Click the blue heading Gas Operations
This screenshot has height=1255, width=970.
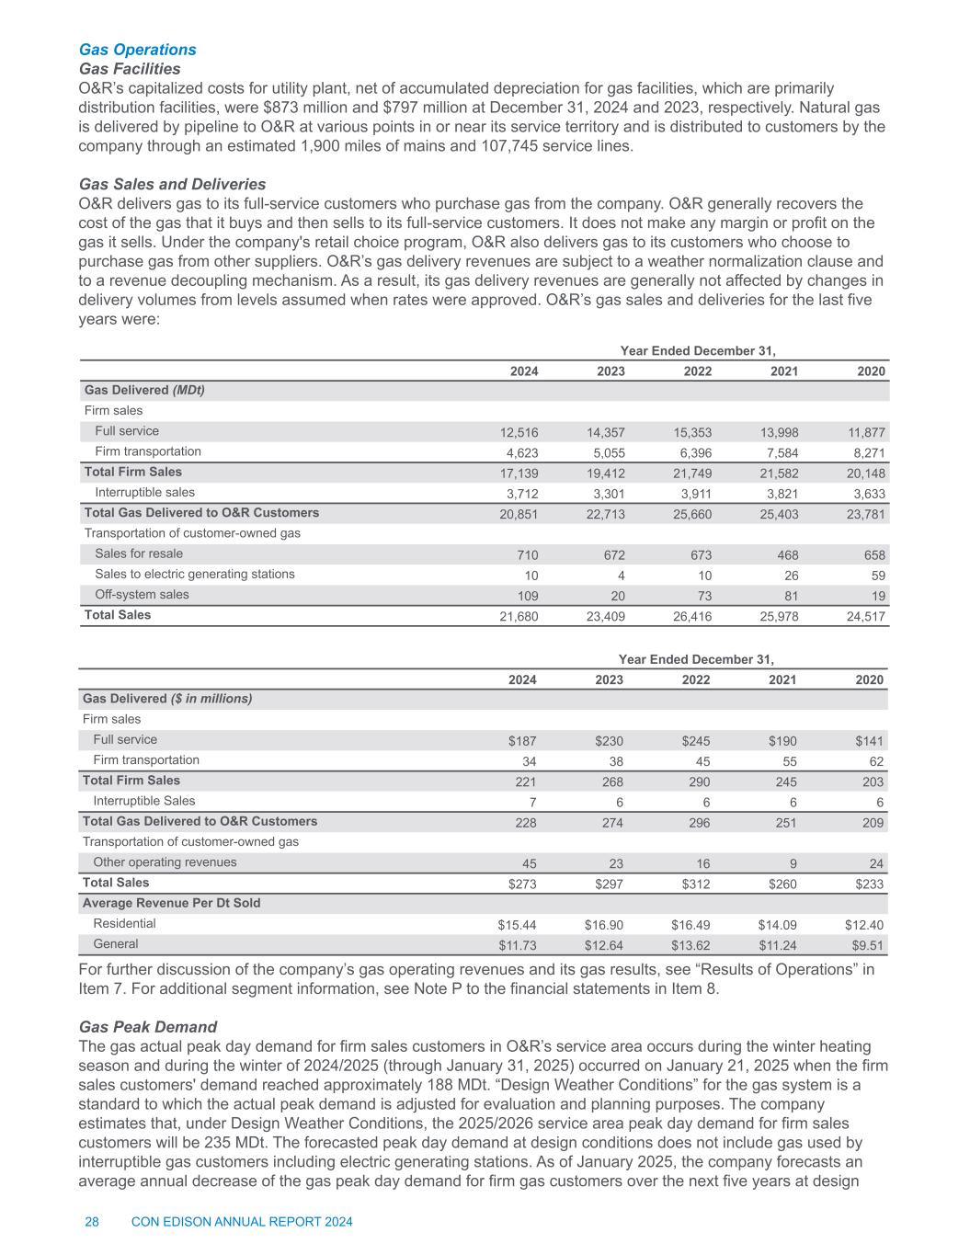[138, 49]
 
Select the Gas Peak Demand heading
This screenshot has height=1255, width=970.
[148, 1026]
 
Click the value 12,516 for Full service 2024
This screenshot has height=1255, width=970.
[519, 432]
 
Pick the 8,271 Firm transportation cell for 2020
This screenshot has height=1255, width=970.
[867, 452]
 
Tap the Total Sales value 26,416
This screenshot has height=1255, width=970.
[692, 616]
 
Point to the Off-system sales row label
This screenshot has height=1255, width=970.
[142, 594]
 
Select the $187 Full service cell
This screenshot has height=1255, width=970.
[522, 741]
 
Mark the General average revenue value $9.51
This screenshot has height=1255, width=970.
[867, 944]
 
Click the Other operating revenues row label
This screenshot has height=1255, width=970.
[165, 861]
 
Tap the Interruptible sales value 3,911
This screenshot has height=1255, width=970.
[693, 494]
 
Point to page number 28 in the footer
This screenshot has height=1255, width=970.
[92, 1221]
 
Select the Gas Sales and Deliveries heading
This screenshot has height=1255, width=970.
[173, 184]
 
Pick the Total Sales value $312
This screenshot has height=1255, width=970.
[695, 884]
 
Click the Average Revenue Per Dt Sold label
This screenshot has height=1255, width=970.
[172, 903]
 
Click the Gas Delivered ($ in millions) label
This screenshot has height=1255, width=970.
[167, 699]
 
